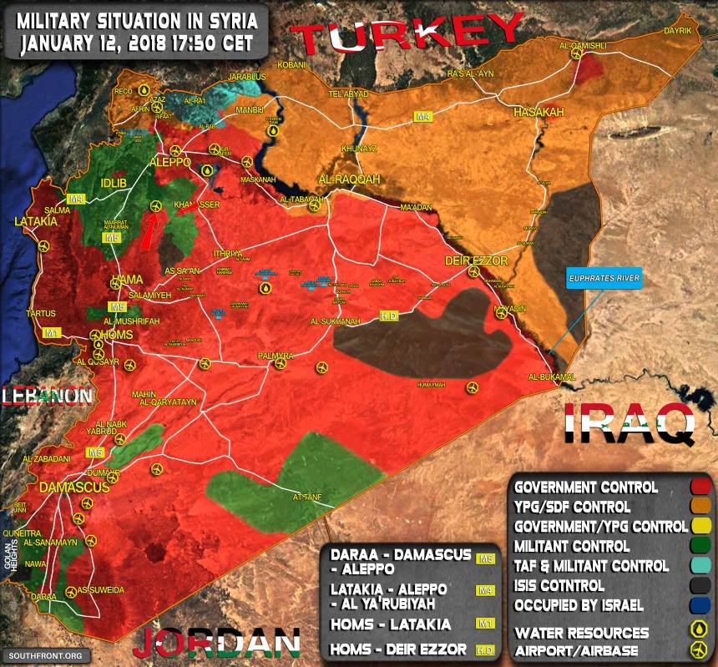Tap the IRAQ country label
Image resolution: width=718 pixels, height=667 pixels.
click(x=630, y=423)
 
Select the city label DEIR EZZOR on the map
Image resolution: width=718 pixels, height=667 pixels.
click(x=475, y=260)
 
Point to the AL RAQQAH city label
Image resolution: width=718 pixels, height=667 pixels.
click(x=348, y=179)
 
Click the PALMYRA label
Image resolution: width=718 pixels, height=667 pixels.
click(x=276, y=356)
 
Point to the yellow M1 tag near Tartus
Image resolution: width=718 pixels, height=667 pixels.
click(x=53, y=332)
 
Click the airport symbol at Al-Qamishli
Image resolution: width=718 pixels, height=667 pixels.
click(x=576, y=53)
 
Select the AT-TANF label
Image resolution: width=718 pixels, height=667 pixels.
click(x=306, y=498)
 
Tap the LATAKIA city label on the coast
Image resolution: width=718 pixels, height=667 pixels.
click(x=36, y=222)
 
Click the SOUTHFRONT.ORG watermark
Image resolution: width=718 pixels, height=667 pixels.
click(x=47, y=655)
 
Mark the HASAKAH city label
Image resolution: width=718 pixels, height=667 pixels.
click(x=538, y=112)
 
